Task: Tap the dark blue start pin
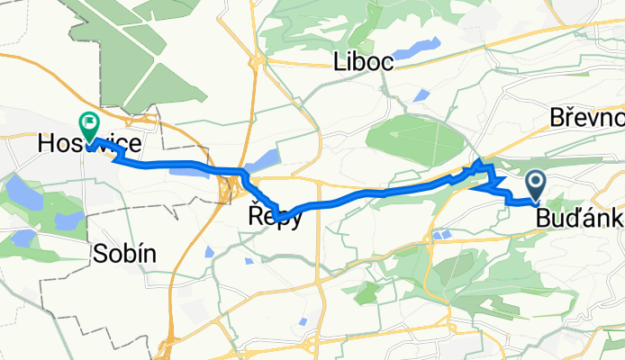pyautogui.click(x=535, y=185)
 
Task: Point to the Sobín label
pyautogui.click(x=124, y=255)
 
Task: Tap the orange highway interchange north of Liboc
pyautogui.click(x=258, y=61)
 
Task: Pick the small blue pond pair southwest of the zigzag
pyautogui.click(x=441, y=236)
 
